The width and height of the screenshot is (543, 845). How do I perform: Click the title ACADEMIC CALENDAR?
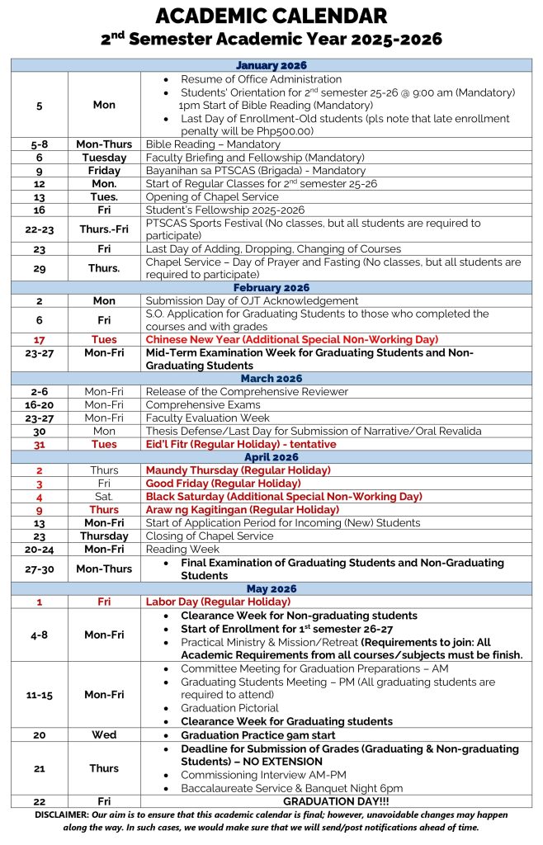pos(271,15)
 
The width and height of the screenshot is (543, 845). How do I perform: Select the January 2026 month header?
pos(271,65)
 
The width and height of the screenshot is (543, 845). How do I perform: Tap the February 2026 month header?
pos(271,287)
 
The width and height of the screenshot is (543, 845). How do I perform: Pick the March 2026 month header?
pos(271,378)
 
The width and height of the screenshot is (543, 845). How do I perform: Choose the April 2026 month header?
pos(271,456)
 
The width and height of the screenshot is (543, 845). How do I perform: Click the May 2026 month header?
pos(271,588)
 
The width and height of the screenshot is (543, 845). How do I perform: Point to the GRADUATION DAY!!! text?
pos(338,800)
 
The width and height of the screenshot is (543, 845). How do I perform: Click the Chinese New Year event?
pos(291,339)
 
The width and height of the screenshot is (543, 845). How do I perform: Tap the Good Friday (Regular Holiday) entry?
pos(223,483)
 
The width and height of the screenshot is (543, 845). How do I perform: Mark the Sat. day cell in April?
pos(104,496)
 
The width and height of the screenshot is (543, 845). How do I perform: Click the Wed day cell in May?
pos(104,734)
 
